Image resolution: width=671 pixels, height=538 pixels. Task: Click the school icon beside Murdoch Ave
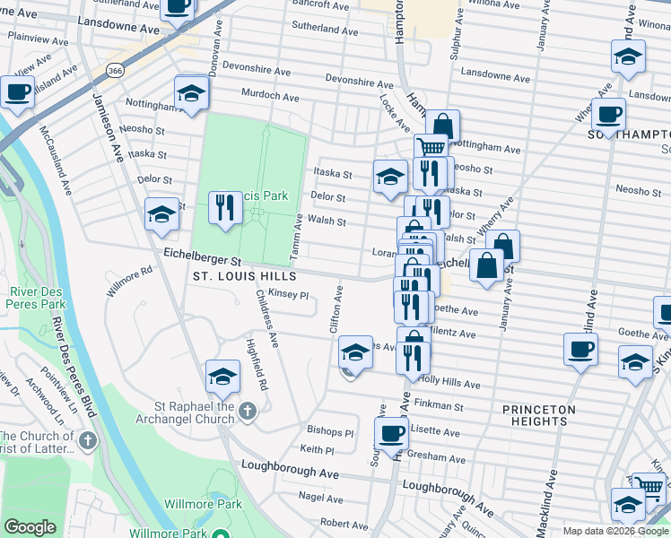(x=191, y=93)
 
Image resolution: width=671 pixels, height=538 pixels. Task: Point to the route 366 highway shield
(x=114, y=69)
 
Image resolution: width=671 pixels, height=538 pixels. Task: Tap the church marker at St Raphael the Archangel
(x=248, y=412)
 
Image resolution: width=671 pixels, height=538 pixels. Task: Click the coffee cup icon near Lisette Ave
(x=391, y=434)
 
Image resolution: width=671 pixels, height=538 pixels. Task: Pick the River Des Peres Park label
(x=38, y=299)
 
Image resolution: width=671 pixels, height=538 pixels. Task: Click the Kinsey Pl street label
(x=289, y=294)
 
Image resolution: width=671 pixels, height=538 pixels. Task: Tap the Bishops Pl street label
(x=330, y=432)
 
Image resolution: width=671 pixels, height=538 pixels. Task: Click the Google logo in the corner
(x=30, y=527)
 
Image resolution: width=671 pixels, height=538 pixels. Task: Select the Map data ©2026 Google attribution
(x=614, y=531)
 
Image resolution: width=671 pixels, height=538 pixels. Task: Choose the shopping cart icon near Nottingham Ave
(x=431, y=147)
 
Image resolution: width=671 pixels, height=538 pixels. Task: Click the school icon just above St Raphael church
(x=222, y=377)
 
